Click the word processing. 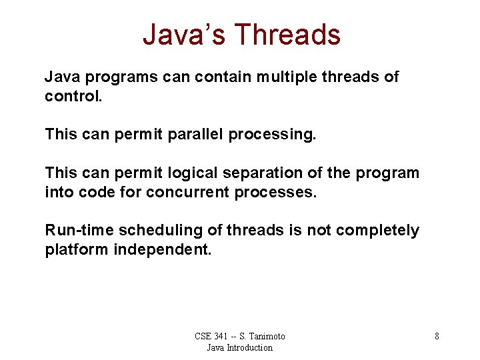point(273,135)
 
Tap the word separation point(259,173)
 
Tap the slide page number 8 point(437,336)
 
